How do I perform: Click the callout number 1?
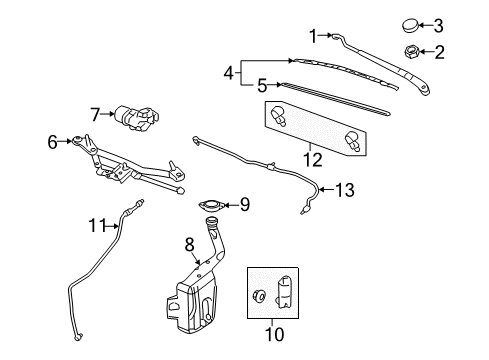pos(312,36)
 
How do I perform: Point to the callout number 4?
pos(229,72)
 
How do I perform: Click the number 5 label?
pos(262,86)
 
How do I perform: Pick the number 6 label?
pos(53,142)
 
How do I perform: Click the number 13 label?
pos(343,189)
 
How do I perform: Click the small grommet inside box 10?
pos(260,296)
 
